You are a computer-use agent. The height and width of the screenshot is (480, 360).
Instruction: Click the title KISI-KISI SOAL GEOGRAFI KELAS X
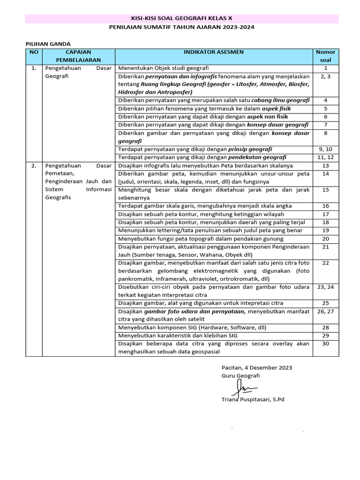point(181,19)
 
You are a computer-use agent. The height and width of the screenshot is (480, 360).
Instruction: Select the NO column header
point(34,52)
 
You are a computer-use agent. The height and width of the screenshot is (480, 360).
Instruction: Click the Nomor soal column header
point(325,56)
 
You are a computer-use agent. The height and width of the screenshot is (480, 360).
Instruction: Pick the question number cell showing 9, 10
point(325,149)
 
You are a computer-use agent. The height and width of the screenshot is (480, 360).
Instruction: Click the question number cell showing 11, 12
point(325,157)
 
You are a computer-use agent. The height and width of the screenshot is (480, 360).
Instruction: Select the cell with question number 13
point(325,165)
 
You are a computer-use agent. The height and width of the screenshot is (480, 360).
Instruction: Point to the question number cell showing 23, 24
point(325,287)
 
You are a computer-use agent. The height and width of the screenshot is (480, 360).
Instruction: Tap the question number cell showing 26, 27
point(325,311)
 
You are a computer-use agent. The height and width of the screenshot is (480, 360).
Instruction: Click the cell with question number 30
point(325,344)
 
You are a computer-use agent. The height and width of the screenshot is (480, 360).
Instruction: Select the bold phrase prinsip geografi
point(250,149)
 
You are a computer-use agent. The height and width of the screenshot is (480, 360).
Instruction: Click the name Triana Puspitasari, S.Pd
point(253,400)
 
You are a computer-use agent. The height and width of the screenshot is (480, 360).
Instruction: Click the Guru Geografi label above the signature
point(240,375)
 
